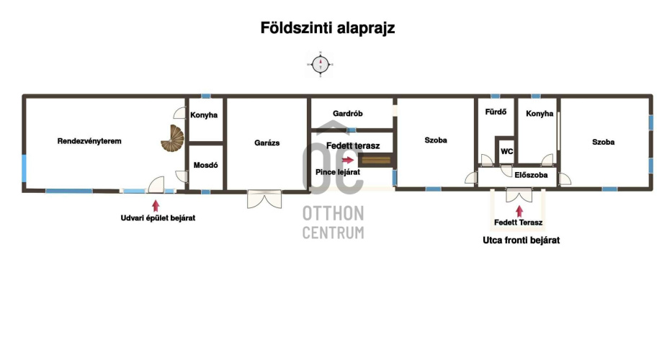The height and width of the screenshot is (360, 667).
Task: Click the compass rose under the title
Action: click(x=320, y=65)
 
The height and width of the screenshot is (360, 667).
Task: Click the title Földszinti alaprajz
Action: click(x=328, y=28)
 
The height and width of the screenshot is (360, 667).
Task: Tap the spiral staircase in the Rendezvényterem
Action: click(x=173, y=138)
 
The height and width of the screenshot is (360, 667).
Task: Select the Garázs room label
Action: click(x=267, y=143)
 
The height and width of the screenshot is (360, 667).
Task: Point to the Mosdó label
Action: click(x=205, y=165)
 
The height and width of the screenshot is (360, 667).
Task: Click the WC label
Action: click(x=506, y=151)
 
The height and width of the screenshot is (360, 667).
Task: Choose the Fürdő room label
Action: click(x=496, y=112)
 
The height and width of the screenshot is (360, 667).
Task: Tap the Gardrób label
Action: click(x=347, y=114)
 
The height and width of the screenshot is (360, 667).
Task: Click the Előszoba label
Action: click(x=531, y=175)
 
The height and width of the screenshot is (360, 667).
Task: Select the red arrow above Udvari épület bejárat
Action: click(x=156, y=206)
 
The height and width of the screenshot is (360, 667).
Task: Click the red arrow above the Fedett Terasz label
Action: click(x=519, y=211)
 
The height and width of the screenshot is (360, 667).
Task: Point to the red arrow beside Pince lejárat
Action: click(x=347, y=160)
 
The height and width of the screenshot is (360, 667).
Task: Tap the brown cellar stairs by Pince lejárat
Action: click(x=375, y=160)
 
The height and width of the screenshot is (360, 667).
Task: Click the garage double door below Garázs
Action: click(x=264, y=199)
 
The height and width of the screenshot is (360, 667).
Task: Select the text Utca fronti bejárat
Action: click(x=521, y=240)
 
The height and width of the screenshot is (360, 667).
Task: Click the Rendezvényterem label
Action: click(x=89, y=140)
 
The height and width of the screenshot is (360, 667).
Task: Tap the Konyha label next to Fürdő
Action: click(x=540, y=114)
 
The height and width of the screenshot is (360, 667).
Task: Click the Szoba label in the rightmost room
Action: click(x=603, y=142)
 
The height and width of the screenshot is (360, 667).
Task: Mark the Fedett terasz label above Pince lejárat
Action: click(x=353, y=145)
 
